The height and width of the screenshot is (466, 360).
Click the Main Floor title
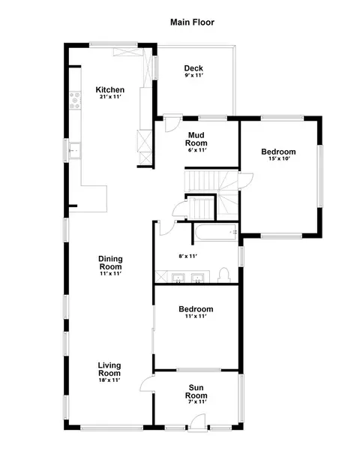pos(192,23)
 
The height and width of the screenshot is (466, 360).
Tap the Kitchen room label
pos(110,89)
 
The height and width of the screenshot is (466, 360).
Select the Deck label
pos(193,68)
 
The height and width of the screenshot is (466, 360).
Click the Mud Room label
pos(196,139)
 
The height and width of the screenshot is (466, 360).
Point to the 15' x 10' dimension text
pos(279,158)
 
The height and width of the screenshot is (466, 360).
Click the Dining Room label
pos(110,263)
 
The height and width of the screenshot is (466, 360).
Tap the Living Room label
pos(109,369)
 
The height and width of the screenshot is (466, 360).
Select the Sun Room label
pos(196,392)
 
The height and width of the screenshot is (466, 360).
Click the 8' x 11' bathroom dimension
pos(188,256)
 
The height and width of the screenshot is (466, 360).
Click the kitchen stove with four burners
pos(75,101)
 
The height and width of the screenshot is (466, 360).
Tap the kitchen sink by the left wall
pos(74,150)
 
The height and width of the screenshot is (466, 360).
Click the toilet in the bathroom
pos(224,275)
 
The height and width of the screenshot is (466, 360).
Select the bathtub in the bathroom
pos(216,232)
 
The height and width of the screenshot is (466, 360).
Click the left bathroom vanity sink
pos(178,278)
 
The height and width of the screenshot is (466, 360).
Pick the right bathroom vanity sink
pos(197,278)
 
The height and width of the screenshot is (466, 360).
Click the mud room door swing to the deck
pos(172,123)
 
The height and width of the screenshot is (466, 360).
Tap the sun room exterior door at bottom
pos(198,422)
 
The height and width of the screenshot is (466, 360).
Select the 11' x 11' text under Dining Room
pos(110,274)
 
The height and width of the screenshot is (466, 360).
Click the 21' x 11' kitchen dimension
pos(110,97)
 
